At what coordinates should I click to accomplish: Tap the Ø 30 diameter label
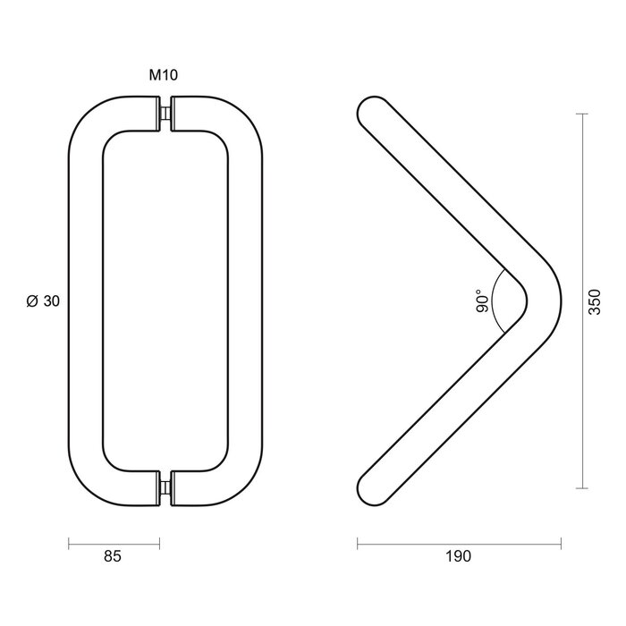coord(44,301)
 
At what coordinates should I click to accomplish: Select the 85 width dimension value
coord(112,556)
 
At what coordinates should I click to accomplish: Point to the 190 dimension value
coord(457,556)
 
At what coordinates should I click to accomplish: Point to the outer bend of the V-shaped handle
coord(560,301)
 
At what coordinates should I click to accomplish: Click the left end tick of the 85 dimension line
coord(69,541)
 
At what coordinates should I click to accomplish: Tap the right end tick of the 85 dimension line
coord(159,541)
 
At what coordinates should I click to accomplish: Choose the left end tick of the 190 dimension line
coord(357,541)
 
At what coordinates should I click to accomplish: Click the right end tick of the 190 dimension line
coord(562,541)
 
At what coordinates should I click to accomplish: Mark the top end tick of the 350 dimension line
coord(582,114)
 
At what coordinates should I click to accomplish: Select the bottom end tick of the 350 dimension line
coord(582,488)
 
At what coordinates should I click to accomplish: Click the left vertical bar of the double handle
coord(87,301)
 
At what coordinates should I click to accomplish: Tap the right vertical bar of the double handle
coord(246,301)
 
